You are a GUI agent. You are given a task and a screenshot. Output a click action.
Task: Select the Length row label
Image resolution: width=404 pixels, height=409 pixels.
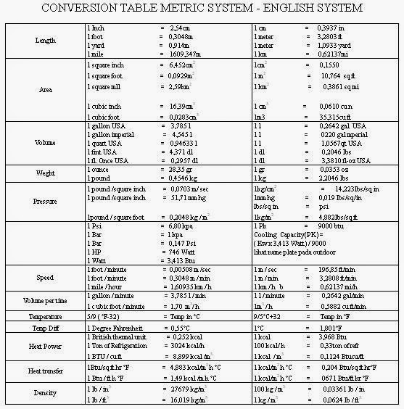click(x=46, y=41)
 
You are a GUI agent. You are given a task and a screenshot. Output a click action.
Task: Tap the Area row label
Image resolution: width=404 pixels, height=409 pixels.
click(x=46, y=91)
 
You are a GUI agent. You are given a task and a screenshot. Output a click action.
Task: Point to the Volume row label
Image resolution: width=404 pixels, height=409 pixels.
click(x=45, y=142)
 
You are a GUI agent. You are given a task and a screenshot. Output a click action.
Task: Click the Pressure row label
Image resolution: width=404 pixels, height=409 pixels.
click(x=46, y=200)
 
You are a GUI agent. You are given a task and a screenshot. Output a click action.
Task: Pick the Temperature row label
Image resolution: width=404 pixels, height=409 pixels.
click(x=45, y=317)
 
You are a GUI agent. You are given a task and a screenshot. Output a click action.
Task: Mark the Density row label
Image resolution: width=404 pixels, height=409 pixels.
click(x=45, y=392)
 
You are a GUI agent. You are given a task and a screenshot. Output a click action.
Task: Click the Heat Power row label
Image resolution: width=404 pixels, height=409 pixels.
click(x=45, y=347)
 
